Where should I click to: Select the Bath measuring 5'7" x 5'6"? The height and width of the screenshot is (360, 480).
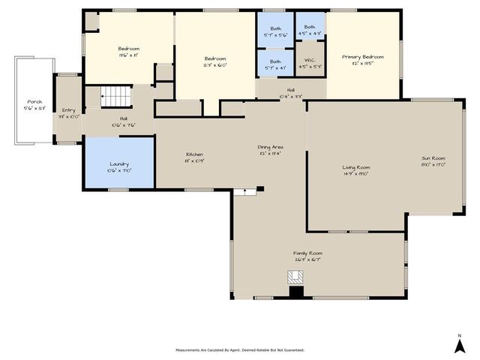275,31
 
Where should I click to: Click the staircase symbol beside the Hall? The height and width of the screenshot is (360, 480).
115,95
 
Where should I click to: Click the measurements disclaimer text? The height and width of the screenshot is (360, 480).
240,349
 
